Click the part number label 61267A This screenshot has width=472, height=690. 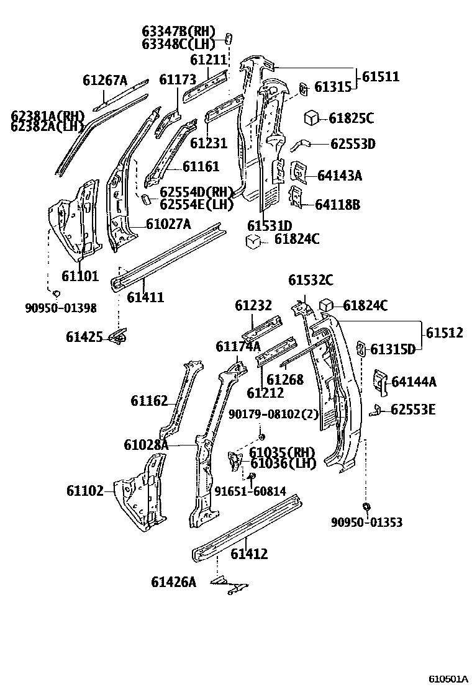(x=104, y=80)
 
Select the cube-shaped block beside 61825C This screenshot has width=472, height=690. (x=311, y=117)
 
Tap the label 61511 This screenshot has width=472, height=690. (x=381, y=77)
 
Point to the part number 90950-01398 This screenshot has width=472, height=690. (x=61, y=307)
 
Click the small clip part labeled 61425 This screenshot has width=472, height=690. (x=117, y=336)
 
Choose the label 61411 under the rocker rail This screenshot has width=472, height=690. (x=145, y=297)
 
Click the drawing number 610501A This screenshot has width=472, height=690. (x=447, y=678)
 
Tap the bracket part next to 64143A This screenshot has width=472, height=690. (x=299, y=171)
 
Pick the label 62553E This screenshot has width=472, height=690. (x=413, y=410)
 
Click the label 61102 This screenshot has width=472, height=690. (x=85, y=490)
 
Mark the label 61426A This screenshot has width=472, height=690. (x=173, y=581)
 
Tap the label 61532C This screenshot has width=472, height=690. (x=311, y=280)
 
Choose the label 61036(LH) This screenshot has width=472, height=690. (x=283, y=463)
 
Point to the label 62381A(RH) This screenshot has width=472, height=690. (x=47, y=116)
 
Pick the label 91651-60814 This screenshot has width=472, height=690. (x=250, y=491)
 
